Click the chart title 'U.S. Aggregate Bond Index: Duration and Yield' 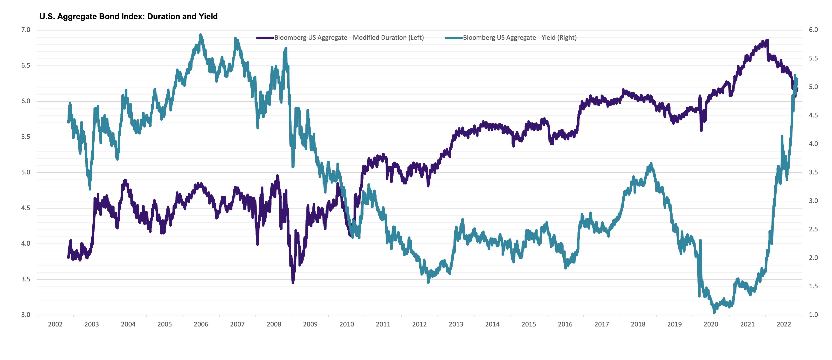[x=129, y=17]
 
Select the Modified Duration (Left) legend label [x=349, y=37]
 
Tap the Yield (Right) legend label [x=520, y=37]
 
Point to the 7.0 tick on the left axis [x=26, y=30]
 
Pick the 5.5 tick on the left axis [x=26, y=137]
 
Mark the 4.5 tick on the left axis [x=26, y=208]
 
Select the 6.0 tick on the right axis [x=813, y=30]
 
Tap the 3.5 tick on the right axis [x=813, y=172]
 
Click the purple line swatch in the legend [x=265, y=38]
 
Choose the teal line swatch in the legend [x=454, y=38]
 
